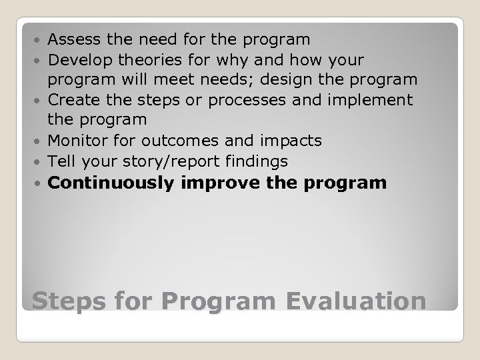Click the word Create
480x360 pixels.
pos(72,100)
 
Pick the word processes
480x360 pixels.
pos(267,100)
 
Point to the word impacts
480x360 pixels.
pos(291,141)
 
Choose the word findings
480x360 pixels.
pos(257,161)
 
